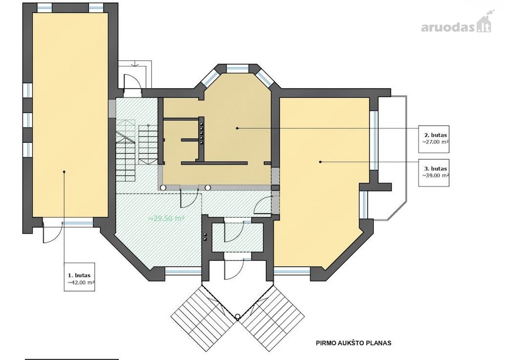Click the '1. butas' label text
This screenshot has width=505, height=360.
(79, 275)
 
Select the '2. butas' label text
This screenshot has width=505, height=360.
(436, 135)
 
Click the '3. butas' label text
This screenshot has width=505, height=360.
(436, 169)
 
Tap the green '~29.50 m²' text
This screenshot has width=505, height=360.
(166, 218)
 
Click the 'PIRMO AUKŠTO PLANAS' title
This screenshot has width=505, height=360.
(353, 343)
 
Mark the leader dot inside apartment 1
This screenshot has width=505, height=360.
(64, 172)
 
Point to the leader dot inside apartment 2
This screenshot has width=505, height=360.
(237, 128)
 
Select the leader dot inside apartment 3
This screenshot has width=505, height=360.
(320, 162)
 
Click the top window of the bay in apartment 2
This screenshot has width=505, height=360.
(238, 69)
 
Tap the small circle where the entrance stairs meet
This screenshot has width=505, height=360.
(237, 316)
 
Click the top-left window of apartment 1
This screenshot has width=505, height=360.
(45, 8)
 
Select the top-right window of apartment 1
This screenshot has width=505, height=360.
(96, 8)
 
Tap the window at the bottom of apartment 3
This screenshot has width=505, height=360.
(292, 271)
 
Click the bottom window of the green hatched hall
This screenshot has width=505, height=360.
(183, 271)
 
